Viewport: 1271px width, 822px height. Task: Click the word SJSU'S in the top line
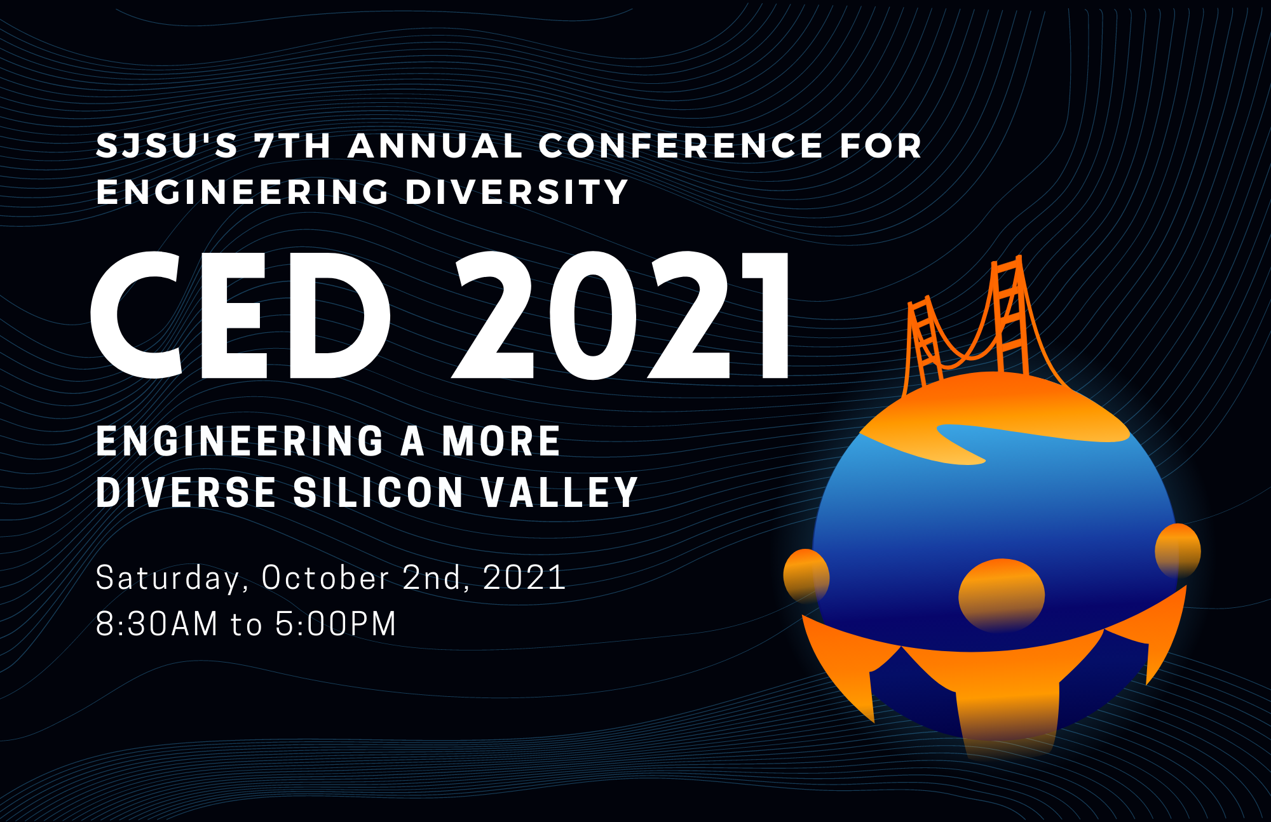point(167,145)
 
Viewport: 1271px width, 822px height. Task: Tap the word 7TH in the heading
point(293,145)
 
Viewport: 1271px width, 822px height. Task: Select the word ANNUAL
point(435,145)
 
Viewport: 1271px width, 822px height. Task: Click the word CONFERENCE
point(681,145)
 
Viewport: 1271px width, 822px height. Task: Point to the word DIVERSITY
point(517,191)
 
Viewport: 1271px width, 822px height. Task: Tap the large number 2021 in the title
point(621,315)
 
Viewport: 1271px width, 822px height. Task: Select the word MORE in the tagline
point(501,441)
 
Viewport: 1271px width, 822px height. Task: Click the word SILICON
point(378,492)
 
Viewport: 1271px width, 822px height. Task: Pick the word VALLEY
point(559,492)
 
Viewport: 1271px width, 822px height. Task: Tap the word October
point(325,577)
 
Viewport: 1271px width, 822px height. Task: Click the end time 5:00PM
point(336,624)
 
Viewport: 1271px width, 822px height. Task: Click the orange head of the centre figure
point(1002,595)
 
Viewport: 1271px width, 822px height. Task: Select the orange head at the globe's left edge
point(806,576)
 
